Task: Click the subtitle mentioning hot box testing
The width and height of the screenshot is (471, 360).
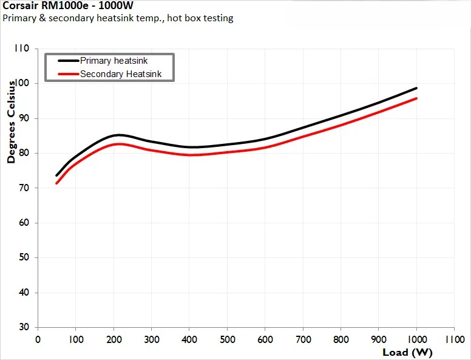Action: point(118,18)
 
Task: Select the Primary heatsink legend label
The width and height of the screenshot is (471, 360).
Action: point(114,61)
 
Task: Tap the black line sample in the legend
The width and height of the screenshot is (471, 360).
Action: point(68,61)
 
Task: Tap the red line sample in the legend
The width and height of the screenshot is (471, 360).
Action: point(68,74)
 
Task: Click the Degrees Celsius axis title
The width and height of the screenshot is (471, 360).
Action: point(11,123)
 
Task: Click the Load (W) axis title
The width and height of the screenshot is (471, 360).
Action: point(407,352)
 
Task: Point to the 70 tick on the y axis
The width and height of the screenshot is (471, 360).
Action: point(24,188)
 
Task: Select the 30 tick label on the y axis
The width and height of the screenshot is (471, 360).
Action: point(24,327)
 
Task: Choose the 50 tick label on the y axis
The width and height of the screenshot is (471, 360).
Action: point(24,258)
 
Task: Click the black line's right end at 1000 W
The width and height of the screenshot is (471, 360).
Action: point(416,88)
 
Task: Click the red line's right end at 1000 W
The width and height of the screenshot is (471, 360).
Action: point(416,98)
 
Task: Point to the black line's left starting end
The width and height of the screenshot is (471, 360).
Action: point(56,175)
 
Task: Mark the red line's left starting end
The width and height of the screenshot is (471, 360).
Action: point(56,183)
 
